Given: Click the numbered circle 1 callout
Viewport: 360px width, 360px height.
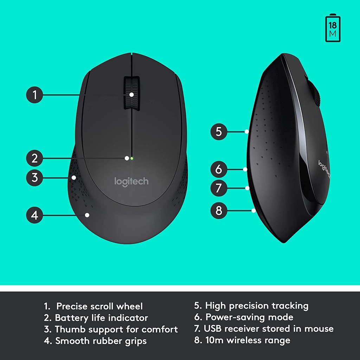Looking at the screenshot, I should pos(34,95).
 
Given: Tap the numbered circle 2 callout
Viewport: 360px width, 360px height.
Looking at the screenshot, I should pos(34,158).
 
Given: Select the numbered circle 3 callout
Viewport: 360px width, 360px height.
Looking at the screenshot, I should pos(34,177).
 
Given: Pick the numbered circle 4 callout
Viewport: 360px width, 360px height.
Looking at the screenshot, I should pos(34,214).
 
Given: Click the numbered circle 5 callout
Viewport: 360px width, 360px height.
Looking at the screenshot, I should pos(219,132).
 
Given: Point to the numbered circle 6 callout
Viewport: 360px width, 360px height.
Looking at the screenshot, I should pos(219,169).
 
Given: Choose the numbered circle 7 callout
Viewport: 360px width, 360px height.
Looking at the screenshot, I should pos(219,188).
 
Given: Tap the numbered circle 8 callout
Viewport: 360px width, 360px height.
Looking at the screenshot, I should pos(219,211).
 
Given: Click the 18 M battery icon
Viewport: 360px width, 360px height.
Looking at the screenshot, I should pos(333,28).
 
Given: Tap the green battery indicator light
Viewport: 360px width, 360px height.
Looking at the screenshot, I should pos(131,158).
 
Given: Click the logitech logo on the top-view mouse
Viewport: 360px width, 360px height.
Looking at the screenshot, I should pos(131,181).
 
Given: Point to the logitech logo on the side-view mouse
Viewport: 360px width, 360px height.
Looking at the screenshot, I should pos(324,169).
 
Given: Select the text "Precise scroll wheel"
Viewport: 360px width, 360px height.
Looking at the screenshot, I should pos(99,306).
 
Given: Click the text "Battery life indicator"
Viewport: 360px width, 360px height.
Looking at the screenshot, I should pos(101,318).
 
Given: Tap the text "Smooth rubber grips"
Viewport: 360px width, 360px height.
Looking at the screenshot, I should pos(101,341).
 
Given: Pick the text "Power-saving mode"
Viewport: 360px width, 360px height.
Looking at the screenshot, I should pos(249,317).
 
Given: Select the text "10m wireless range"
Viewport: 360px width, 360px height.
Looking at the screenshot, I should pos(248,340).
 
